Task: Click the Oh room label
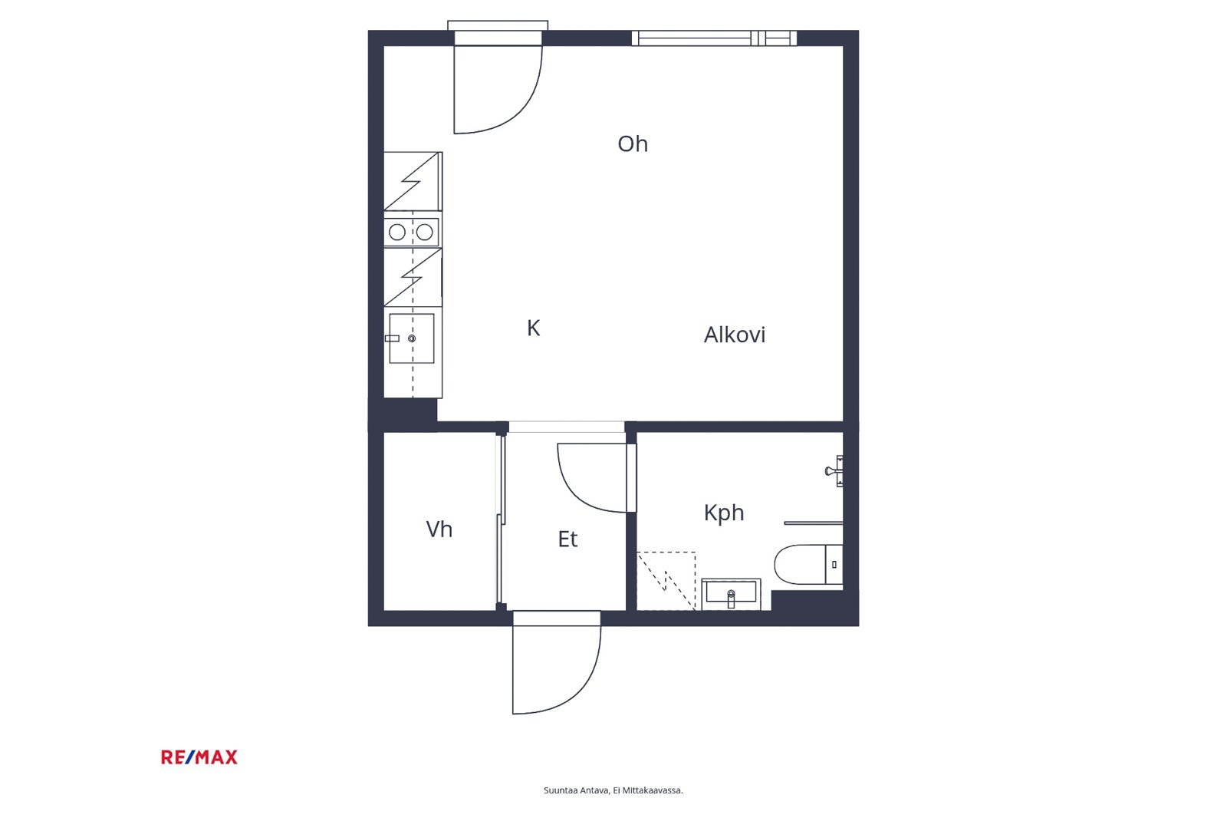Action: point(633,143)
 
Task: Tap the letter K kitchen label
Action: point(534,328)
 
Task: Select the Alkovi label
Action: point(734,335)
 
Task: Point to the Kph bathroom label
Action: point(724,513)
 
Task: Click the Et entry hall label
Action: point(567,539)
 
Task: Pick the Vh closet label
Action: point(439,529)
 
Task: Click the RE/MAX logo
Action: point(199,757)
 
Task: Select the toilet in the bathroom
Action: point(808,564)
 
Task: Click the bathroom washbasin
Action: point(732,594)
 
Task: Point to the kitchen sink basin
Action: point(411,338)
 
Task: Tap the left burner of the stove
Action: point(397,233)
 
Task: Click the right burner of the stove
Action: point(425,233)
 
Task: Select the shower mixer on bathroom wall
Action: point(834,470)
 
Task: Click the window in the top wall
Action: point(714,38)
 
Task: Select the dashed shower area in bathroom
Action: point(666,581)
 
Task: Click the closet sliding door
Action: point(500,521)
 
